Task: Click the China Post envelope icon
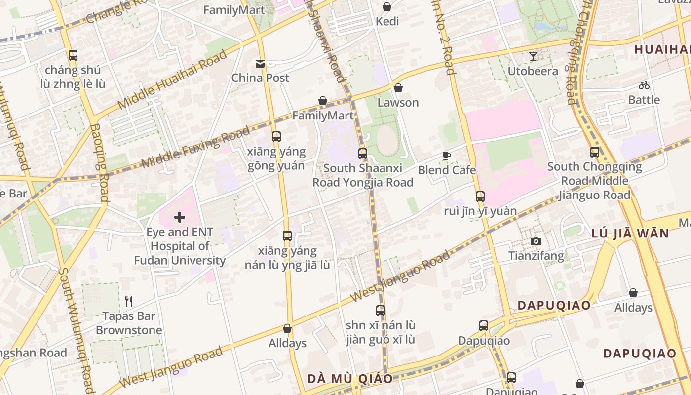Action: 260,63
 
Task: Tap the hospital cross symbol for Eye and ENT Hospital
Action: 179,217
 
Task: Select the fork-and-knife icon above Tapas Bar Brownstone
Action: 129,301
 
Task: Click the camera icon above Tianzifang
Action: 536,241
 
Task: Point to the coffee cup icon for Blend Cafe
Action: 447,156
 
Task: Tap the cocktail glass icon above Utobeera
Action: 533,56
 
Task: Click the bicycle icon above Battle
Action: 644,85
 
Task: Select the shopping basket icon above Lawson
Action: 398,88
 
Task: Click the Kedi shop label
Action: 387,21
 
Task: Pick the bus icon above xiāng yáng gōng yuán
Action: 276,136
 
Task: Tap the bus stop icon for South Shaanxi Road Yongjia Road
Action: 363,153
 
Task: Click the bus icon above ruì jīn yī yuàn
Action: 480,196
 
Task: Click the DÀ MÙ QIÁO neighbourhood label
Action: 350,379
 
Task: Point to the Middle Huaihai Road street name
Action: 173,79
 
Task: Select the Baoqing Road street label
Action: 99,163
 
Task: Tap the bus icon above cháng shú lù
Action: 73,55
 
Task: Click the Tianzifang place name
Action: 536,256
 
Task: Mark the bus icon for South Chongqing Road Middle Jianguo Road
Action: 594,152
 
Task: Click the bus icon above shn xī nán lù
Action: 380,310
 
